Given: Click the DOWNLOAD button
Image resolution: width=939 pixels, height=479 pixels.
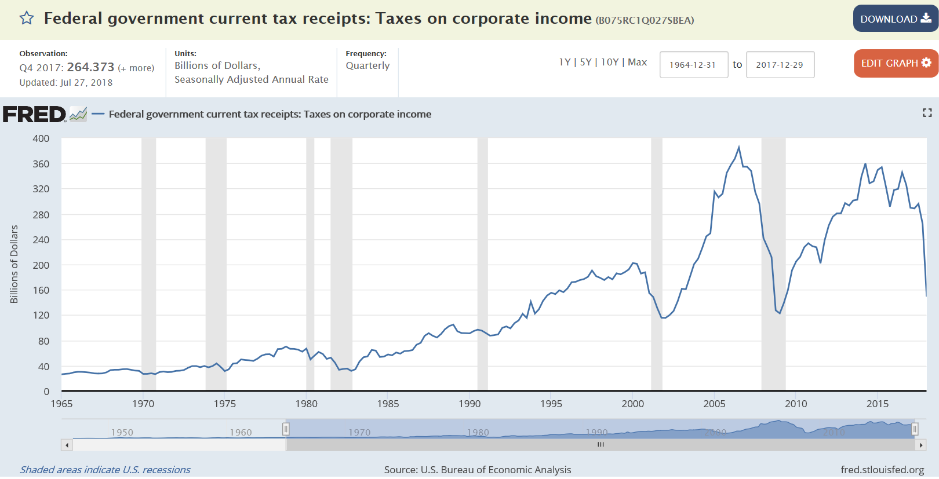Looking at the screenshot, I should tap(895, 19).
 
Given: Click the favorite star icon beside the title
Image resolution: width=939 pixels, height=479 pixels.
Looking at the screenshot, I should tap(27, 19).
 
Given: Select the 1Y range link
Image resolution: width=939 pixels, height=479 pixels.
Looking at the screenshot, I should tap(565, 62).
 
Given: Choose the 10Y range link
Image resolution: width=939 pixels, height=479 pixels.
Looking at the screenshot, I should tap(610, 62).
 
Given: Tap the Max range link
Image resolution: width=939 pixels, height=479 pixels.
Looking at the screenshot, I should tap(637, 62).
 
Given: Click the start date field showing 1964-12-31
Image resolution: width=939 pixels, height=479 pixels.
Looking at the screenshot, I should tap(693, 65).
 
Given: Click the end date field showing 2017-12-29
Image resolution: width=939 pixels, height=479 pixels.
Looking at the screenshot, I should tap(780, 65).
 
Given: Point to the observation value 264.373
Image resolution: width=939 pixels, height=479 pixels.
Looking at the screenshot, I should tap(90, 67).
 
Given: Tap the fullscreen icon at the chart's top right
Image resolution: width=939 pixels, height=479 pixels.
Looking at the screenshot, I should tap(927, 113).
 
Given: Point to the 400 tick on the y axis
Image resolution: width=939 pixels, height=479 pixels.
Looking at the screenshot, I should tap(41, 138).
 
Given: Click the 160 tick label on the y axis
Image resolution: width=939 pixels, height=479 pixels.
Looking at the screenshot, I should tap(41, 290).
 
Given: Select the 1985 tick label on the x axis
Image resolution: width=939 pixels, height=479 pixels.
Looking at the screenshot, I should tap(388, 404).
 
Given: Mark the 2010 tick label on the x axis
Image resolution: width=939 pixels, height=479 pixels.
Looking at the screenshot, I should tap(796, 404).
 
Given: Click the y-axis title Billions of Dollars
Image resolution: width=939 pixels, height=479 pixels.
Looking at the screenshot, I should tap(14, 264).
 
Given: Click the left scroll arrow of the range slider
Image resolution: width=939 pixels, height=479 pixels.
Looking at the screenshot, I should tap(67, 445).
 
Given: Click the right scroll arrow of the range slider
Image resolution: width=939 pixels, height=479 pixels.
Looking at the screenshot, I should tap(920, 445).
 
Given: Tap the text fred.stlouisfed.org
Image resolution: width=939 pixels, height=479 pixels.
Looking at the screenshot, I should tap(882, 470).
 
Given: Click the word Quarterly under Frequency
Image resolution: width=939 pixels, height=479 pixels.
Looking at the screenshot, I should tap(367, 65).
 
